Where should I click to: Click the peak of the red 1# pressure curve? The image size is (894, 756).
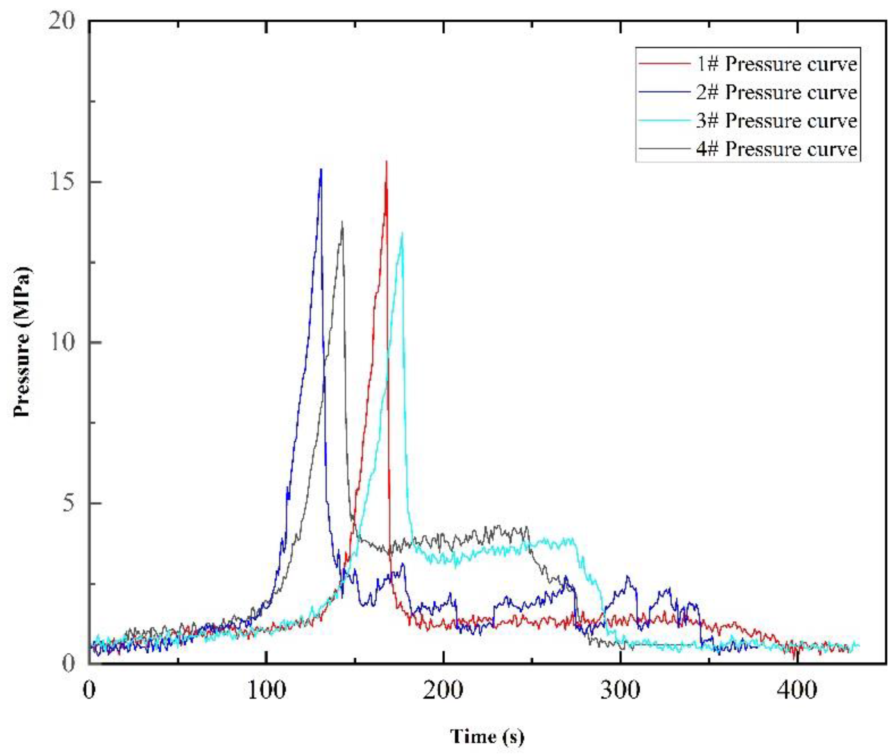coord(386,162)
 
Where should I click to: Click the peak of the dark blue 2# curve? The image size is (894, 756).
coord(321,170)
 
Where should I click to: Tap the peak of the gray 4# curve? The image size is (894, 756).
coord(342,222)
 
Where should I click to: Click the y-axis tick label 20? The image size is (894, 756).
coord(62,21)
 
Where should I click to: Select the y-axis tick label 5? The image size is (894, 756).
coord(69,503)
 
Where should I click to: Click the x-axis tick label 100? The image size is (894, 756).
coord(266,691)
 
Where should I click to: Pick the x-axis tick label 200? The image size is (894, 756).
coord(443,691)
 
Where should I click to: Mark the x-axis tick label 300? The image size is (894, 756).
coord(620,691)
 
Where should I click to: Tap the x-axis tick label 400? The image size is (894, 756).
coord(797,691)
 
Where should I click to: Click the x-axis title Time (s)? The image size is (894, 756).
coord(487,736)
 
